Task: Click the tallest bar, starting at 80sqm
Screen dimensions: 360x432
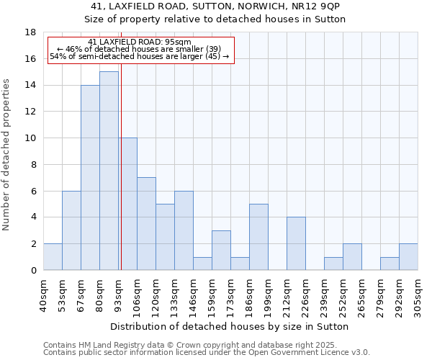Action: click(109, 171)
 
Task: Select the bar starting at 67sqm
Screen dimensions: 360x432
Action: click(90, 177)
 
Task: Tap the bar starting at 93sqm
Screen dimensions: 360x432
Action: click(128, 204)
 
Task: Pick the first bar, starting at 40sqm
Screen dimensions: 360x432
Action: click(53, 257)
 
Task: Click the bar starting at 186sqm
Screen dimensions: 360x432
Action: click(258, 237)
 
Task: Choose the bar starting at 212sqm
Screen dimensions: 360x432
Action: click(296, 243)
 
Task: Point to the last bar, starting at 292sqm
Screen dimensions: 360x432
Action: click(408, 257)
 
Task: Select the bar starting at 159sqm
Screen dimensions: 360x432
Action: click(221, 250)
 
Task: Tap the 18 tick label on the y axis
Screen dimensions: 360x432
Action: click(30, 32)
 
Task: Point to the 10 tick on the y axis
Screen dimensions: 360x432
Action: click(30, 138)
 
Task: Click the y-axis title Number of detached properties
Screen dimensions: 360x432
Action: click(7, 155)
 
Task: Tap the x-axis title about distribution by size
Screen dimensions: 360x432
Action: click(230, 326)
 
